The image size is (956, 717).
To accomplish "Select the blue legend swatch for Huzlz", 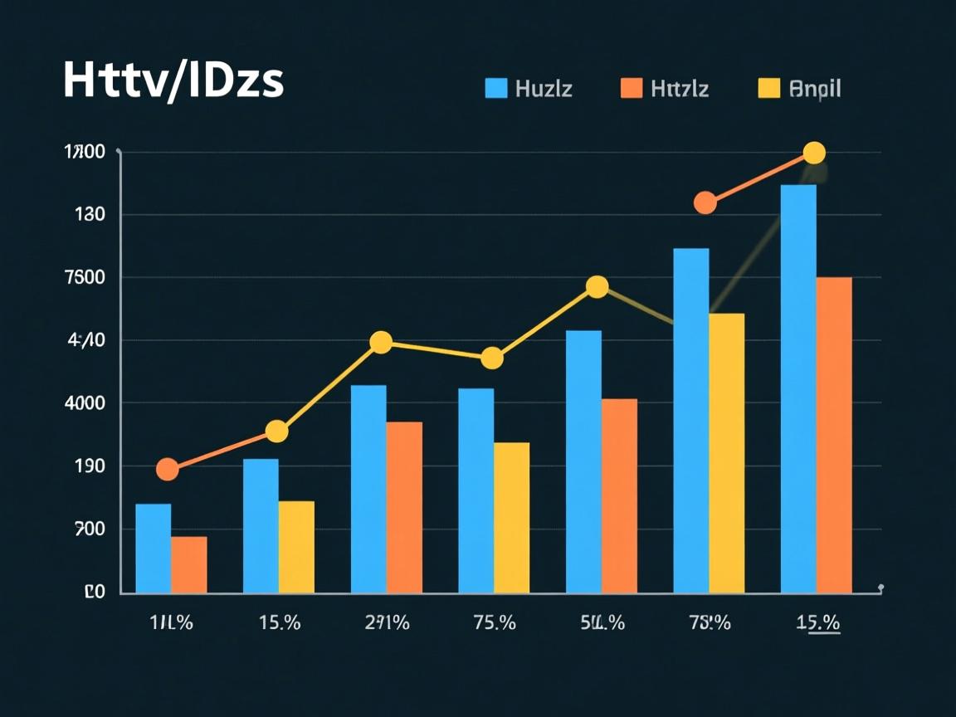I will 496,88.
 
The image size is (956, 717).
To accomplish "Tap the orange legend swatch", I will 632,88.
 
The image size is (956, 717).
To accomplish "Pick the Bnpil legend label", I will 816,88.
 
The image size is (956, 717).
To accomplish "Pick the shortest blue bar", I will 153,549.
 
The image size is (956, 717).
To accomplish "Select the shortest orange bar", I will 189,565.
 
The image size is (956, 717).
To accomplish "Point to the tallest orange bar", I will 834,435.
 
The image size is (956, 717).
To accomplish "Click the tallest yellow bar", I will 726,453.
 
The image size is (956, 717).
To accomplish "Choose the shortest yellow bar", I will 296,547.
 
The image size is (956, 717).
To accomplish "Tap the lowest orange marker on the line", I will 168,470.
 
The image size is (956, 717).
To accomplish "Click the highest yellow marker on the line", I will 814,153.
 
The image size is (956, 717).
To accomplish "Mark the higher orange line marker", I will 705,202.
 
